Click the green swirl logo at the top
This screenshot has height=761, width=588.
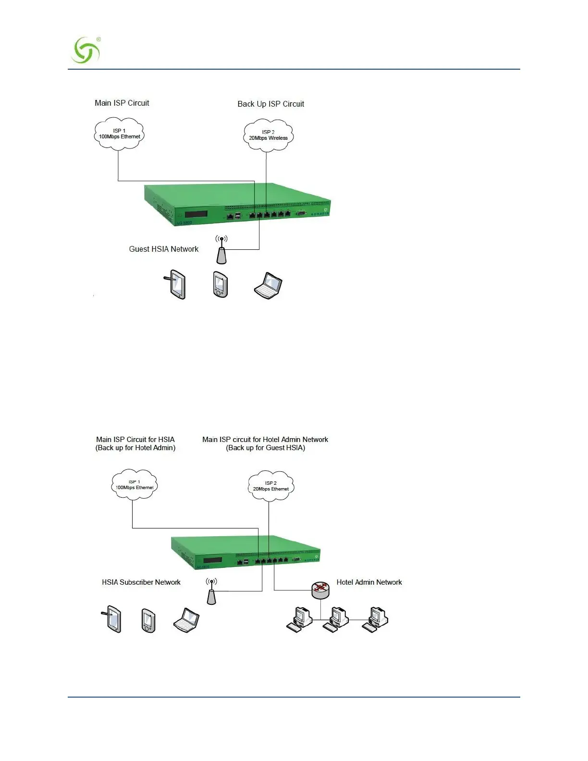coord(86,50)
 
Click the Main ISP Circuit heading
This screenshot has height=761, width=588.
coord(122,103)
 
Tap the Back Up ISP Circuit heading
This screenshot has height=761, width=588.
coord(270,104)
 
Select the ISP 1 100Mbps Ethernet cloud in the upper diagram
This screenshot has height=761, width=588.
coord(119,134)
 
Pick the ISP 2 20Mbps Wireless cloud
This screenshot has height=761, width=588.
coord(268,135)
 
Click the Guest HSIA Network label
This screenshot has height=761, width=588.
coord(163,249)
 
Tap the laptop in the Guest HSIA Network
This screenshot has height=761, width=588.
coord(268,286)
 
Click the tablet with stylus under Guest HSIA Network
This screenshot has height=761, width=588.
coord(176,285)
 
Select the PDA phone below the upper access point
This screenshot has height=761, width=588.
coord(220,284)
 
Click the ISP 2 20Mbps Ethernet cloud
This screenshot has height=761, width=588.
coord(270,486)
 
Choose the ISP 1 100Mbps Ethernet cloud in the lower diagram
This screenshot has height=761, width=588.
coord(134,485)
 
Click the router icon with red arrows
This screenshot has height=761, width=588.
coord(320,589)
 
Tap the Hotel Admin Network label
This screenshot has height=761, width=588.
coord(369,582)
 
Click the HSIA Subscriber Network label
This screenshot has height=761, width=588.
coord(141,582)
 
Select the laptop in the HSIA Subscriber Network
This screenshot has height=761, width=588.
coord(186,620)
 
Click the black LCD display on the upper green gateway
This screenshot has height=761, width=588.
coord(196,214)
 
